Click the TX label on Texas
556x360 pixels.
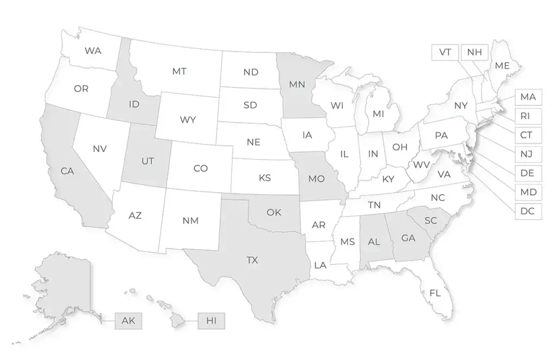[x=252, y=261]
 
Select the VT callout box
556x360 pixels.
[x=445, y=52]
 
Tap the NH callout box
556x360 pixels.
[x=474, y=52]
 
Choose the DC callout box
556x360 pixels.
[x=527, y=211]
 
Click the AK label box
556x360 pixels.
[x=128, y=321]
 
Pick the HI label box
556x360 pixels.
[x=211, y=321]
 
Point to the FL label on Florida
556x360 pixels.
[x=435, y=293]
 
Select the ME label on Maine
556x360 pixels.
[x=502, y=66]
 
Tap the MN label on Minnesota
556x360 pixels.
[x=296, y=85]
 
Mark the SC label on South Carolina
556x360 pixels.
[x=431, y=220]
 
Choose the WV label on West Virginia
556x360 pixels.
[x=421, y=165]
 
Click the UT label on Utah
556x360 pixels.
[x=148, y=161]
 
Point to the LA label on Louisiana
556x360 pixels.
[x=320, y=265]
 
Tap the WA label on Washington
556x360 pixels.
[x=93, y=50]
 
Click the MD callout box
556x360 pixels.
[x=527, y=192]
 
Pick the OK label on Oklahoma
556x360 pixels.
[x=274, y=212]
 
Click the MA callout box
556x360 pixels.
[x=527, y=97]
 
